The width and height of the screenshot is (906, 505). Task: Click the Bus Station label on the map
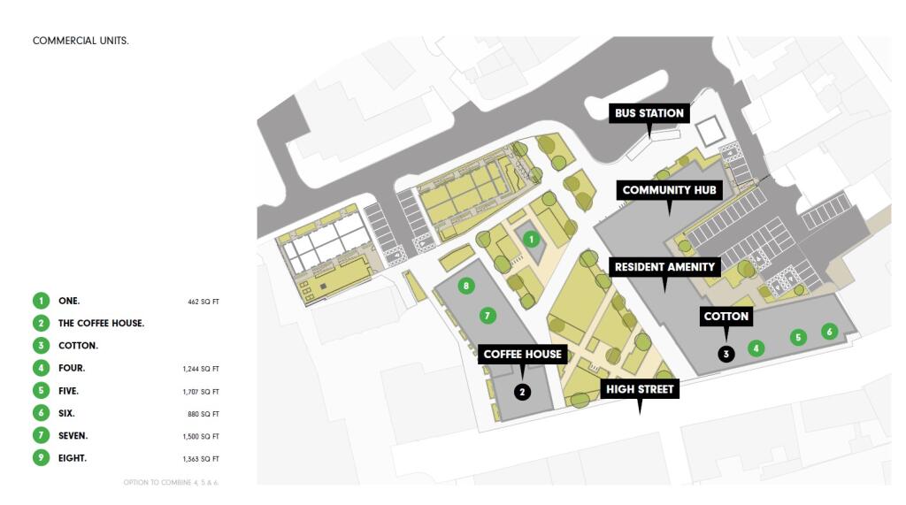[x=649, y=113]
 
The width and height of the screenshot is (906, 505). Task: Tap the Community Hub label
[x=669, y=190]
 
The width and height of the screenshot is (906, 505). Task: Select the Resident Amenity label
[x=664, y=267]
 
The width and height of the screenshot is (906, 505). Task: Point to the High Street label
[x=640, y=389]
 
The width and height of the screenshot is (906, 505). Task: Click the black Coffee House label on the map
[x=522, y=354]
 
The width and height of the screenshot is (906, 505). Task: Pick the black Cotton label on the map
[x=726, y=316]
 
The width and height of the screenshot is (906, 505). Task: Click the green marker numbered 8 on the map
[x=466, y=286]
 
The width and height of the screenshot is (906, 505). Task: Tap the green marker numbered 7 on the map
[x=488, y=316]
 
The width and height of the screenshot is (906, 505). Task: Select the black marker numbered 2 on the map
[x=522, y=393]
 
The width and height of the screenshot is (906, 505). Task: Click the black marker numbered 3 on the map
[x=726, y=354]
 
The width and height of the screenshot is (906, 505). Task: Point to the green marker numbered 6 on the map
[x=830, y=332]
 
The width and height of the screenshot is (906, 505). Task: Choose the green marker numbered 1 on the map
[x=532, y=239]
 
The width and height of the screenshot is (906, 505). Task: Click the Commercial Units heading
[x=81, y=41]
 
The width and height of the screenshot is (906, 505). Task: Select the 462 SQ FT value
[x=203, y=302]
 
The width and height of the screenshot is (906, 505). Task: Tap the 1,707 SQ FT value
[x=201, y=392]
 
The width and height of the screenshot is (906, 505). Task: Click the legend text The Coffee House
[x=101, y=324]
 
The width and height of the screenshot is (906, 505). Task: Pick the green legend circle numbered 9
[x=41, y=458]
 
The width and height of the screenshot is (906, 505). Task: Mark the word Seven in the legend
[x=73, y=436]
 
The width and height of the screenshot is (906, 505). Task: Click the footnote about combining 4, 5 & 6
[x=171, y=483]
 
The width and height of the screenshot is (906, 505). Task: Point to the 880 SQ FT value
[x=203, y=414]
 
